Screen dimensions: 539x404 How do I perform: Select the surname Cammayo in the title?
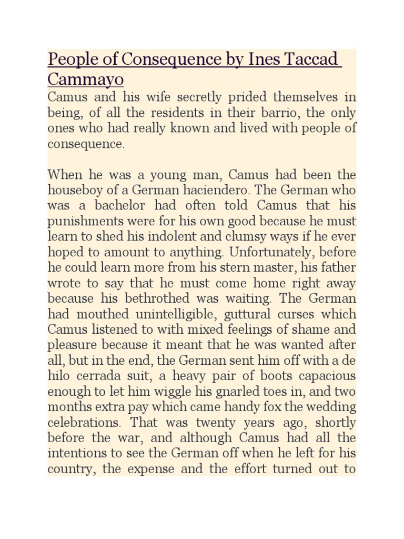point(86,79)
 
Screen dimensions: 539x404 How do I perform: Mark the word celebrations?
point(79,423)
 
